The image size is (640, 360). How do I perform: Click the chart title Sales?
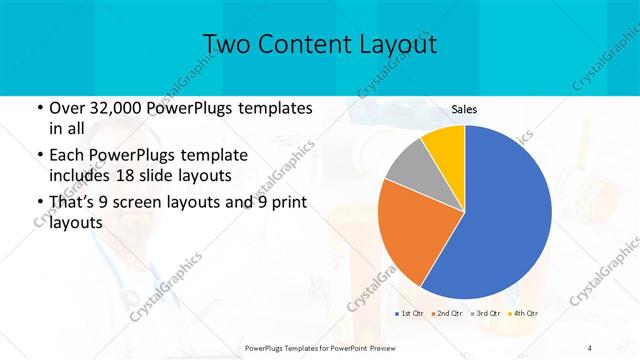coord(463,110)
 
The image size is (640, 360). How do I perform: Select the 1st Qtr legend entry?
coord(407,314)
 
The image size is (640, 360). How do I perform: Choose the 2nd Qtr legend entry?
coord(447,314)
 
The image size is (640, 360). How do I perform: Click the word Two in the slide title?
coord(228,44)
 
